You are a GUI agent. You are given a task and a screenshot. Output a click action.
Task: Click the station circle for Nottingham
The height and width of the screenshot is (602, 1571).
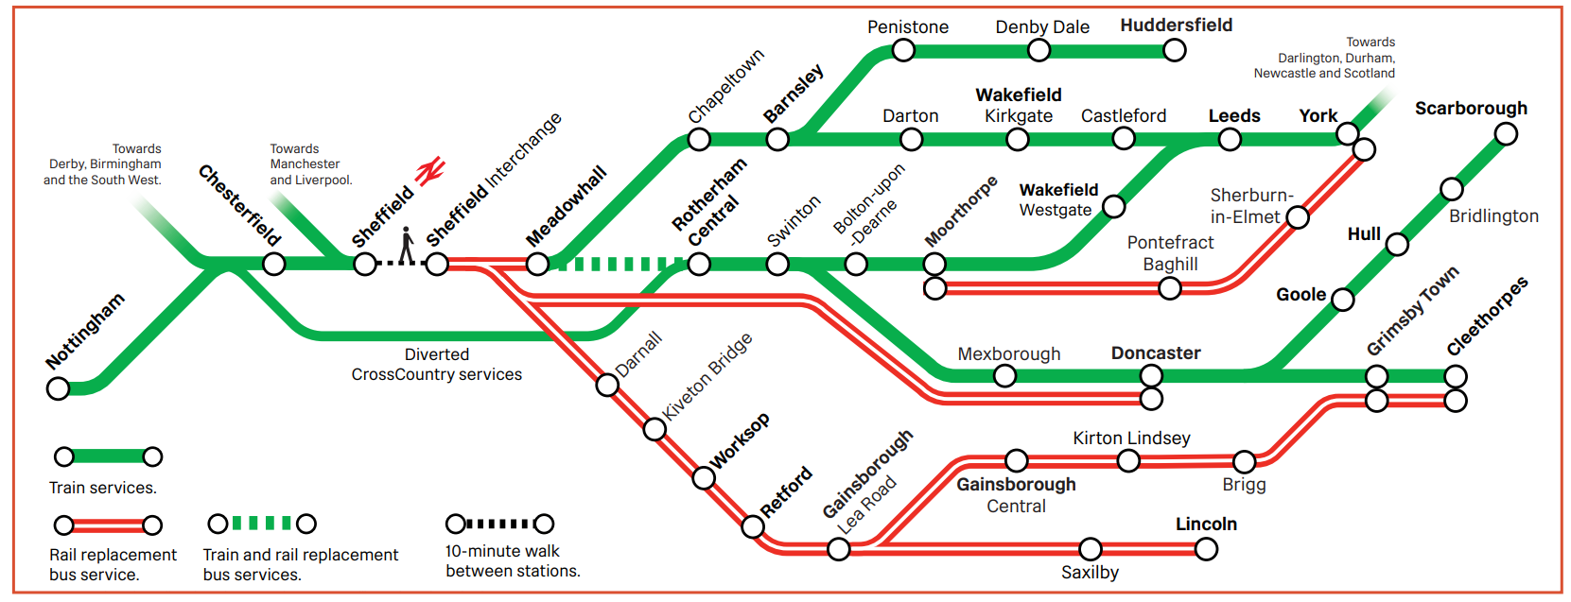pyautogui.click(x=59, y=388)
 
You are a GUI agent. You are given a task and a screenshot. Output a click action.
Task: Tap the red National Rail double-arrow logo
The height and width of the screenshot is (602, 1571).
pyautogui.click(x=430, y=171)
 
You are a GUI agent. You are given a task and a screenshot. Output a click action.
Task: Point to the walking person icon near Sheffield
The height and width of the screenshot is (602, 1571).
pyautogui.click(x=407, y=246)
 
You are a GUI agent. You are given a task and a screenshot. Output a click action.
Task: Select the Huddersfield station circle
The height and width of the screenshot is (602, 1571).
pyautogui.click(x=1175, y=50)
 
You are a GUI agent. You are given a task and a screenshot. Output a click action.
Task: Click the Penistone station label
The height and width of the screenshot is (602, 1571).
pyautogui.click(x=908, y=27)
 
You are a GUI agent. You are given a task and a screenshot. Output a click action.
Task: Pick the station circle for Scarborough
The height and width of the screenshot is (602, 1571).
pyautogui.click(x=1506, y=134)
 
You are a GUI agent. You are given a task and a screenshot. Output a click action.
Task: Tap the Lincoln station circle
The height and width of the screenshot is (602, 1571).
pyautogui.click(x=1206, y=549)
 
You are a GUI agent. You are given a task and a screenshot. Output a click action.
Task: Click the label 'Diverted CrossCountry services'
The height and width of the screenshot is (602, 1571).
pyautogui.click(x=437, y=365)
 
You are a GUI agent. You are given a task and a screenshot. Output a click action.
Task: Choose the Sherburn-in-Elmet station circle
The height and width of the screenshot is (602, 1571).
pyautogui.click(x=1298, y=217)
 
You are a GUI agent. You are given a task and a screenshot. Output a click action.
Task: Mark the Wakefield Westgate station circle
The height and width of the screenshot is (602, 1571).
pyautogui.click(x=1114, y=206)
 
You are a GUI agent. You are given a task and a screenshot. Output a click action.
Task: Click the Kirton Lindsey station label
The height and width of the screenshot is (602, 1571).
pyautogui.click(x=1131, y=439)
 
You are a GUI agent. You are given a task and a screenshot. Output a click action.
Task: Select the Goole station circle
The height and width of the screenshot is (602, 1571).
pyautogui.click(x=1342, y=301)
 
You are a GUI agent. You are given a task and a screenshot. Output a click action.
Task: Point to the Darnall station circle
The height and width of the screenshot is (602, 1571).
pyautogui.click(x=607, y=385)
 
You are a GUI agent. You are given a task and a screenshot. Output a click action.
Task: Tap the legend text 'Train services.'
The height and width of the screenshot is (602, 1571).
pyautogui.click(x=103, y=488)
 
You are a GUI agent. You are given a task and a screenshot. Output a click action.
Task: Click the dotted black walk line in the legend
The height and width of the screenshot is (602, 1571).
pyautogui.click(x=499, y=524)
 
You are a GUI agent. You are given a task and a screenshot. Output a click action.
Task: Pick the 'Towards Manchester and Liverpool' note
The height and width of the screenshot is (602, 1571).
pyautogui.click(x=310, y=164)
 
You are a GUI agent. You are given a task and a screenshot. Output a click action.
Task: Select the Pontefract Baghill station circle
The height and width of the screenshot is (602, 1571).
pyautogui.click(x=1170, y=288)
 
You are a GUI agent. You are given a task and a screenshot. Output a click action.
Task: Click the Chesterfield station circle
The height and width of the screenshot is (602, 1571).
pyautogui.click(x=274, y=265)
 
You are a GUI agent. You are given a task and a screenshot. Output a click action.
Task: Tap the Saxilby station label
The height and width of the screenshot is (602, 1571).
pyautogui.click(x=1090, y=573)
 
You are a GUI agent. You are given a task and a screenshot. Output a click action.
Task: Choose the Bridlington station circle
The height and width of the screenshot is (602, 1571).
pyautogui.click(x=1451, y=189)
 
